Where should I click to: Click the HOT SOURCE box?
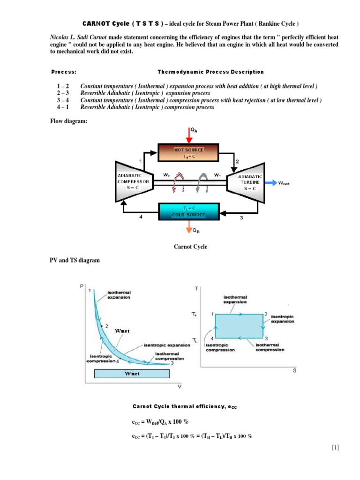188,153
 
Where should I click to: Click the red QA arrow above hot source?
188,134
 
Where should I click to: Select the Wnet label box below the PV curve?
131,374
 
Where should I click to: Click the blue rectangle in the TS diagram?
239,325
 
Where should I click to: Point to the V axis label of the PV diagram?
179,387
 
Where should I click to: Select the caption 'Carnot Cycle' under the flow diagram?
191,247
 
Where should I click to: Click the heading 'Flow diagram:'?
69,121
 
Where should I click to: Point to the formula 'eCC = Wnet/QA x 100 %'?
160,421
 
